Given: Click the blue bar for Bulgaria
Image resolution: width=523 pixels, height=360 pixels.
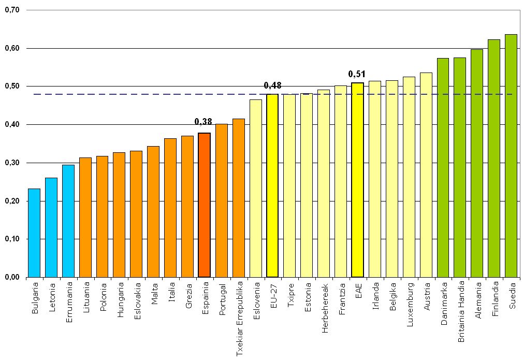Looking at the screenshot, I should click(x=34, y=233).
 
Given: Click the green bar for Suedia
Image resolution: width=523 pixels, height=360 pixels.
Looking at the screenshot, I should click(x=511, y=155).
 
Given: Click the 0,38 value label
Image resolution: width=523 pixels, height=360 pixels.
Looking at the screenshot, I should click(x=204, y=122).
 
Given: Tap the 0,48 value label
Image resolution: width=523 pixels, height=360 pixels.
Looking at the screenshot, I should click(x=272, y=85).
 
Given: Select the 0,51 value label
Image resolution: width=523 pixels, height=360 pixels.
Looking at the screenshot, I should click(x=357, y=74).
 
